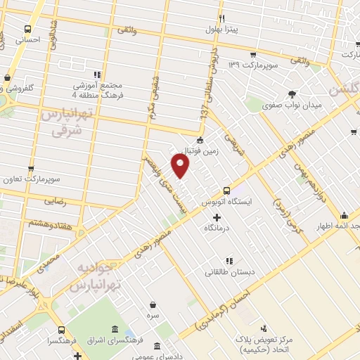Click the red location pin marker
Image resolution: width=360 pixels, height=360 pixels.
click(x=181, y=166)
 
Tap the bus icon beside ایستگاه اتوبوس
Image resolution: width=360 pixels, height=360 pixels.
click(x=226, y=190)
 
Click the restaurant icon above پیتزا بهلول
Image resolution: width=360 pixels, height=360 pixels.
click(x=222, y=18)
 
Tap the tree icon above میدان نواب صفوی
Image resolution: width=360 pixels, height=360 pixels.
click(x=291, y=94)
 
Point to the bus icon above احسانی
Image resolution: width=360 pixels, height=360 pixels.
click(x=27, y=30)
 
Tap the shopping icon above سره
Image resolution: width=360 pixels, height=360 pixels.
click(x=153, y=304)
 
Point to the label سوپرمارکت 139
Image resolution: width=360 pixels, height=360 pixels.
click(x=254, y=65)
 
